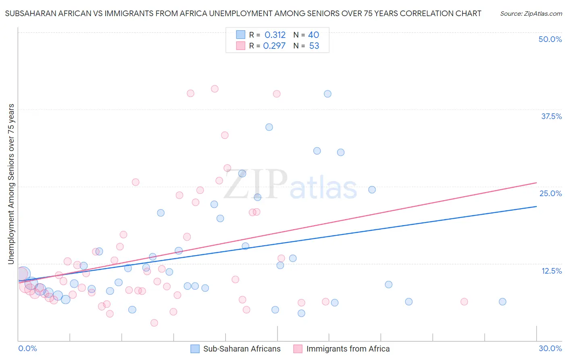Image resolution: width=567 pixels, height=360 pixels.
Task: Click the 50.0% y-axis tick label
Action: coord(550,39)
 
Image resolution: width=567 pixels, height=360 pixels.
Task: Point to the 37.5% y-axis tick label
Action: coord(551,116)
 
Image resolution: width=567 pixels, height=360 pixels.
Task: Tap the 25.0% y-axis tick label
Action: coord(550,193)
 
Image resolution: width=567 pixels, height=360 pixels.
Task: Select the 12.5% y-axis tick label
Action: coord(551,271)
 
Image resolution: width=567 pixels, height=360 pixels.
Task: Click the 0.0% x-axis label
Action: coord(27,348)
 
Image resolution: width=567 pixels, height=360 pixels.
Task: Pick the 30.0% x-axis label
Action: coord(550,348)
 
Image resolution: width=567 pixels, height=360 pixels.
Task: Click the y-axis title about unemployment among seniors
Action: coord(11,184)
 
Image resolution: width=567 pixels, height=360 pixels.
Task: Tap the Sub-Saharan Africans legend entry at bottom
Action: coord(242,349)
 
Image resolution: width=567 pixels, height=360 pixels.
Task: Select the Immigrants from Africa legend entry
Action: coord(348,349)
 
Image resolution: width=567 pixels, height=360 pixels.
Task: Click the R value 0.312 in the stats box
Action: coord(275,35)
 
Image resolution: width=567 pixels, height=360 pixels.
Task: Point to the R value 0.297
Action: coord(274,46)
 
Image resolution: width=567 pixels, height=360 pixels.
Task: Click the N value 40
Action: coord(313,35)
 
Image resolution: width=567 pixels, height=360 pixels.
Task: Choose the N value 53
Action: coord(314,46)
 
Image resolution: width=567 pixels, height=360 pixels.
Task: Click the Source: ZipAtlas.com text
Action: coord(531,14)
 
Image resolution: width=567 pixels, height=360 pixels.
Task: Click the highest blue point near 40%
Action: coord(327,94)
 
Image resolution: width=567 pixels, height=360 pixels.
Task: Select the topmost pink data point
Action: coord(215,89)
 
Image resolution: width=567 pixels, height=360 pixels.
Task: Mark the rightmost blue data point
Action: coord(502,301)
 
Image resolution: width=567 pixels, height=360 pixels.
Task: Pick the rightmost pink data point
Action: coord(464,301)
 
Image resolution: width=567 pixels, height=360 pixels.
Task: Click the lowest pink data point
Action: coord(154,323)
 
